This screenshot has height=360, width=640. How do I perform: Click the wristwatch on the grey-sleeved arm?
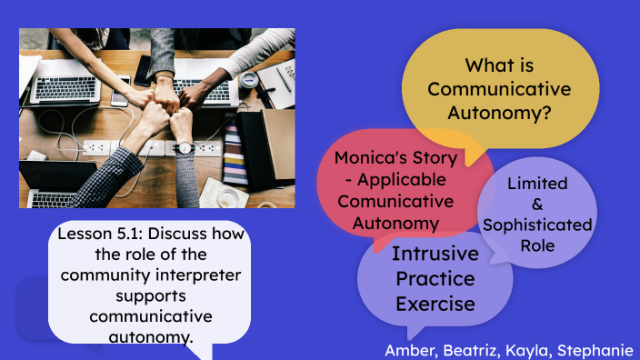point(185,147)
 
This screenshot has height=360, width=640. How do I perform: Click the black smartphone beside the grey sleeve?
point(143,69)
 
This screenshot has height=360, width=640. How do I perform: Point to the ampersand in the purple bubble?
point(537,205)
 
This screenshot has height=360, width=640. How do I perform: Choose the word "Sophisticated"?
point(537,225)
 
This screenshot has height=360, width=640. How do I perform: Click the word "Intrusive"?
point(435,253)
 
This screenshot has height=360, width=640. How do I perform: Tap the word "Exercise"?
point(435,304)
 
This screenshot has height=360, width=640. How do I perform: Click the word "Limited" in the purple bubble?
point(537,184)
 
